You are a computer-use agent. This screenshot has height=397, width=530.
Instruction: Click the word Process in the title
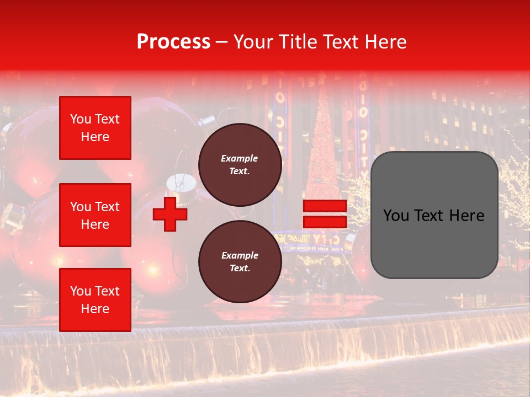(173, 42)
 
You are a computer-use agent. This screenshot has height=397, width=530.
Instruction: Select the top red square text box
(95, 128)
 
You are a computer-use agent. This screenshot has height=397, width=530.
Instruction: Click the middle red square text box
(95, 215)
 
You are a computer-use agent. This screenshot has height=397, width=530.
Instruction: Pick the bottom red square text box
(95, 300)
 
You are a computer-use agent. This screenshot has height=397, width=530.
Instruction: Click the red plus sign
(170, 213)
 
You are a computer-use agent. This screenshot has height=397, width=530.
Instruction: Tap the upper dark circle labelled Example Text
(240, 165)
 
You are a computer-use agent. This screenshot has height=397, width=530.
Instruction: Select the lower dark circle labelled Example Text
(240, 262)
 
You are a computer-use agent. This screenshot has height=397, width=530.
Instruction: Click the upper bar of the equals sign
(325, 206)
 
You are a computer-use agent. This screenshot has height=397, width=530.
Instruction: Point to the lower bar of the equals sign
(325, 222)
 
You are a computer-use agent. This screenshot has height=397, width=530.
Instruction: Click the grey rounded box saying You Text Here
(434, 215)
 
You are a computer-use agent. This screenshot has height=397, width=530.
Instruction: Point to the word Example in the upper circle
(240, 158)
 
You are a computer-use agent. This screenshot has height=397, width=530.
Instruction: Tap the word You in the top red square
(80, 119)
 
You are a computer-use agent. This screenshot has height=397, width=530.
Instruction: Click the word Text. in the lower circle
(240, 269)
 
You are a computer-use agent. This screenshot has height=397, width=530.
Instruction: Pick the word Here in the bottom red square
(95, 309)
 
